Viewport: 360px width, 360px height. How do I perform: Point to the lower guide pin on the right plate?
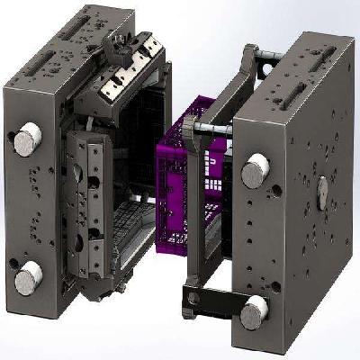[256, 311]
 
